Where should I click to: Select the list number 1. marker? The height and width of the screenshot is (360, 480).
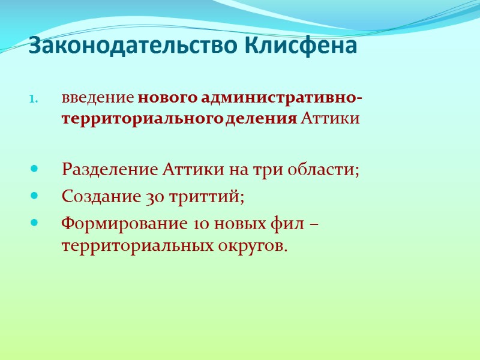point(35,99)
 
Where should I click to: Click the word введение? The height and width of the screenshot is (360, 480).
point(98,98)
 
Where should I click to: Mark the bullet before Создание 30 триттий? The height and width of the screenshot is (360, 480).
point(35,196)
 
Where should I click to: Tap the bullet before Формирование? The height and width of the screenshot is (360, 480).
point(35,223)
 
